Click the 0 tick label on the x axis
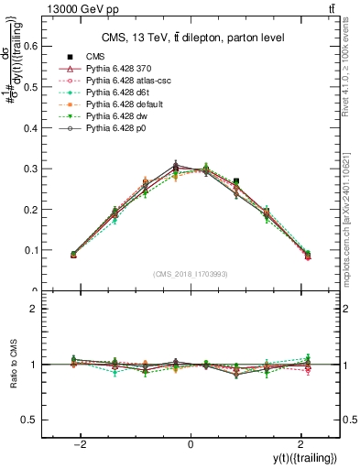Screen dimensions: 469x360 point(191,445)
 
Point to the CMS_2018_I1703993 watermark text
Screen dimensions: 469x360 point(191,275)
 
